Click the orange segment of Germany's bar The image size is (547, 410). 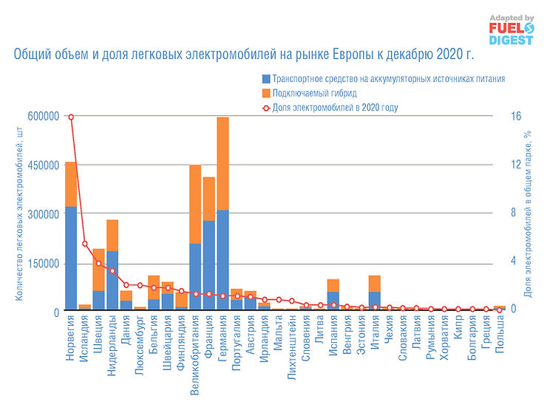(222, 163)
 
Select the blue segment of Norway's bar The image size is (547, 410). (71, 259)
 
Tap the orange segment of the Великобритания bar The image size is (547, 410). (195, 204)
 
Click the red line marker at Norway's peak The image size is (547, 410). (71, 117)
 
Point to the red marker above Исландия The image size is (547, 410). (85, 244)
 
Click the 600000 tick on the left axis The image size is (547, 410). (43, 116)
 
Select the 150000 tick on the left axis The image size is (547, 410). (43, 264)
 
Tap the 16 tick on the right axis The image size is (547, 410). (516, 116)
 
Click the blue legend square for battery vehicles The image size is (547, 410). (265, 79)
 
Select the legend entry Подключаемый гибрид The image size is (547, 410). (314, 93)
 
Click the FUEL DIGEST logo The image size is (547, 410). (509, 30)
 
